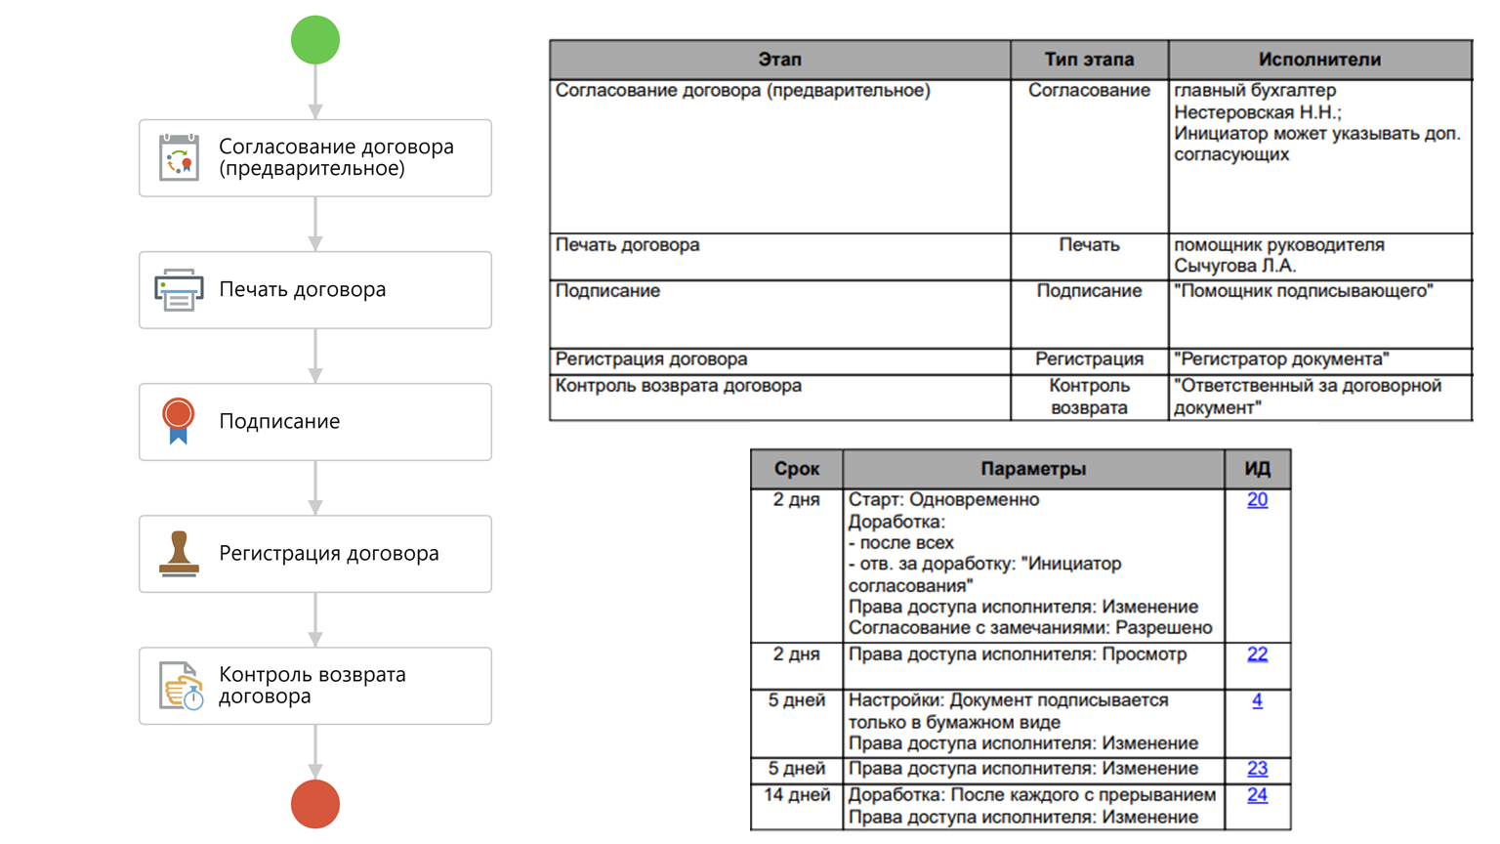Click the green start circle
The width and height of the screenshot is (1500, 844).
pyautogui.click(x=315, y=40)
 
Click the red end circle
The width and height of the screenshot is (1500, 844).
pyautogui.click(x=315, y=804)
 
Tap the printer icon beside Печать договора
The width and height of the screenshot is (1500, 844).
pyautogui.click(x=179, y=290)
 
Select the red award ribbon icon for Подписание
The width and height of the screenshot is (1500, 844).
pyautogui.click(x=178, y=421)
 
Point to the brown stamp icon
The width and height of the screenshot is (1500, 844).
pyautogui.click(x=179, y=554)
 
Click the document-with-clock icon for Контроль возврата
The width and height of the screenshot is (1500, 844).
pyautogui.click(x=181, y=686)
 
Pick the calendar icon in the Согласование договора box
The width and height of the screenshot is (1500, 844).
pyautogui.click(x=179, y=157)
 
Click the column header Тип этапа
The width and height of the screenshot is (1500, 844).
pyautogui.click(x=1089, y=60)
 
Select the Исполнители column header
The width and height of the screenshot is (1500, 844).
pyautogui.click(x=1319, y=60)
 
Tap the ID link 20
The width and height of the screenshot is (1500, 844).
pyautogui.click(x=1257, y=500)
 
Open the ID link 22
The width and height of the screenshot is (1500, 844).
pyautogui.click(x=1257, y=654)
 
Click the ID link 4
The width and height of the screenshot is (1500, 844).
pyautogui.click(x=1257, y=700)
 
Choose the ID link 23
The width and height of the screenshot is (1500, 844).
pyautogui.click(x=1257, y=769)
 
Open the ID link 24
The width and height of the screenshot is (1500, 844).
pyautogui.click(x=1257, y=795)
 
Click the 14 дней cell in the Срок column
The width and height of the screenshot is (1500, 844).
pyautogui.click(x=796, y=795)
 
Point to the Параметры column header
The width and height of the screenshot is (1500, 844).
pyautogui.click(x=1033, y=469)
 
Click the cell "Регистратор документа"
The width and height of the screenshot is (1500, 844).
pyautogui.click(x=1281, y=359)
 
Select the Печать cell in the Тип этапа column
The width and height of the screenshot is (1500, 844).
pyautogui.click(x=1089, y=245)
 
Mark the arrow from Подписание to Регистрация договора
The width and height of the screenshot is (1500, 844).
pyautogui.click(x=315, y=487)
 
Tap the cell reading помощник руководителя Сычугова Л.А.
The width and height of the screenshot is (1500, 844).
pyautogui.click(x=1278, y=255)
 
